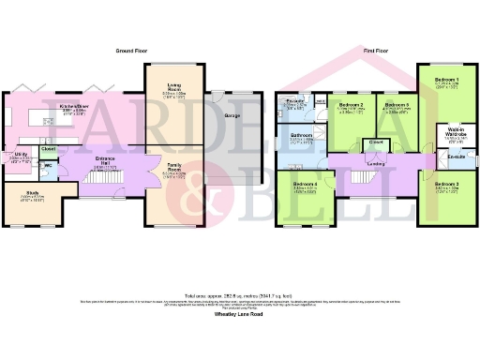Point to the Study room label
pos(33,194)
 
